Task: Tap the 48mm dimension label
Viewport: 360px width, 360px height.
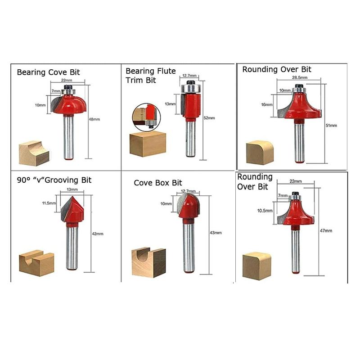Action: click(x=94, y=120)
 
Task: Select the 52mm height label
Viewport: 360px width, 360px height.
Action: click(x=209, y=118)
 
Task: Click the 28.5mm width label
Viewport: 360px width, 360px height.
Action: click(x=300, y=78)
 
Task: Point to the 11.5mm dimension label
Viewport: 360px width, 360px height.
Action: click(x=49, y=203)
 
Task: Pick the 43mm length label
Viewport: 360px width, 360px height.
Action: click(x=216, y=233)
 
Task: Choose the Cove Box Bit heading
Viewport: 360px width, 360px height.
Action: click(x=158, y=183)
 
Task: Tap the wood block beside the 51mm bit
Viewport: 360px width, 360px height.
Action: click(x=260, y=153)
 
